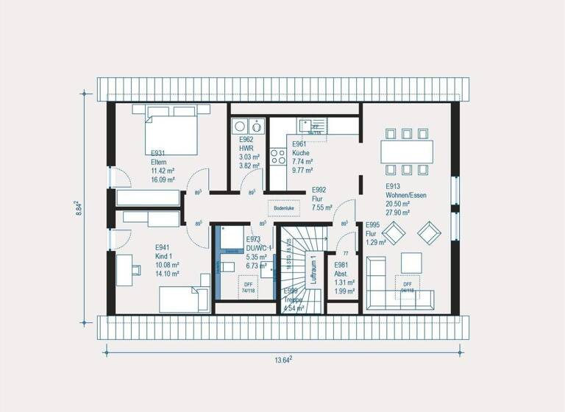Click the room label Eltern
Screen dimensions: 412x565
(x=159, y=162)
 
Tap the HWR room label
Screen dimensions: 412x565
(x=245, y=148)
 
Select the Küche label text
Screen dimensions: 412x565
(x=301, y=153)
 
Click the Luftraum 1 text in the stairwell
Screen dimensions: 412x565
(x=313, y=270)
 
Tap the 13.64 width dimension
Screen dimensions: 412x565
(x=283, y=359)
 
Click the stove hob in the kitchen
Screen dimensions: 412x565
(x=278, y=156)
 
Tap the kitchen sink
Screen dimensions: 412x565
(x=316, y=127)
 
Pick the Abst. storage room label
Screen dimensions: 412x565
(x=341, y=273)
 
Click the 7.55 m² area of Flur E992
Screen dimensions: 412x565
(x=321, y=207)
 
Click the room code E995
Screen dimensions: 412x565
(x=373, y=225)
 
